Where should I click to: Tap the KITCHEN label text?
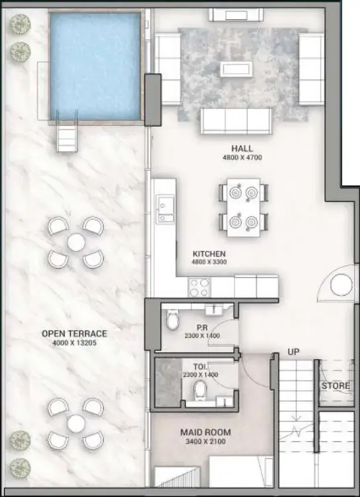(x=209, y=254)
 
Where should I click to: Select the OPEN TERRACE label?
(x=73, y=333)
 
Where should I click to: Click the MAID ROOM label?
(x=205, y=433)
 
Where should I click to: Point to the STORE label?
(x=336, y=385)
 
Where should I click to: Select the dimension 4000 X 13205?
(x=73, y=343)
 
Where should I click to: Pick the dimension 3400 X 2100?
(x=205, y=443)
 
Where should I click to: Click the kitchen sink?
(x=162, y=209)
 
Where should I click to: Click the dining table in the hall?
(x=243, y=207)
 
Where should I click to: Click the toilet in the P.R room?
(x=174, y=321)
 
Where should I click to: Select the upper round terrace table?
(x=75, y=242)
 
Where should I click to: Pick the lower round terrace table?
(x=75, y=423)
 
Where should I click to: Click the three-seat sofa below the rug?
(x=236, y=121)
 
